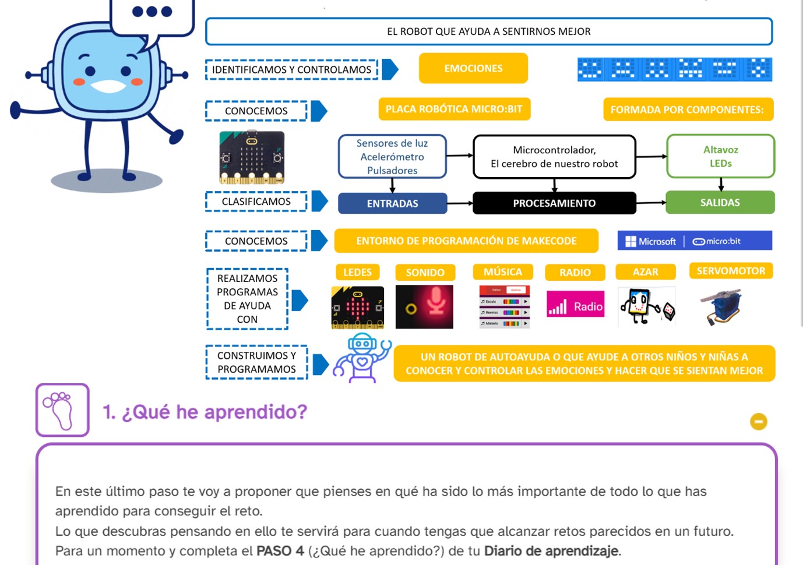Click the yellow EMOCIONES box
click(x=473, y=68)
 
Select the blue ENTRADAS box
click(x=392, y=203)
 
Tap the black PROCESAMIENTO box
click(x=554, y=203)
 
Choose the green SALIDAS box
click(x=720, y=203)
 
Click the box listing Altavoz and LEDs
click(x=720, y=156)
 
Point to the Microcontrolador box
click(x=554, y=157)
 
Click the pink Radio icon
click(x=575, y=306)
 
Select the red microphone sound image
click(x=424, y=306)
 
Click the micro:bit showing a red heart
click(x=357, y=307)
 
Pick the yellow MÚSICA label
click(x=502, y=272)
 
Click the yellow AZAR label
click(x=645, y=272)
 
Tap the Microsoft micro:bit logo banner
click(x=694, y=241)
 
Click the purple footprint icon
click(x=62, y=410)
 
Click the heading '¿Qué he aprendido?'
click(x=205, y=412)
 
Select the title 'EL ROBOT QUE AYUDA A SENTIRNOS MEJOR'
click(x=488, y=31)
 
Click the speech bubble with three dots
click(x=152, y=15)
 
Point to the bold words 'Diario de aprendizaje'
click(x=551, y=551)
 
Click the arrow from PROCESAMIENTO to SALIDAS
click(x=651, y=203)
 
